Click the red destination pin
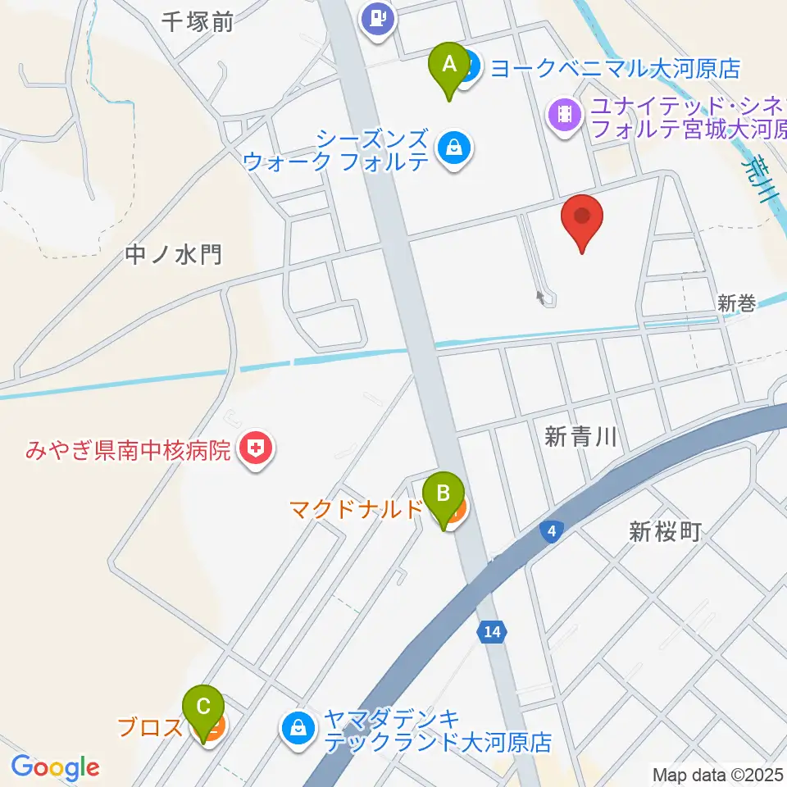(x=582, y=219)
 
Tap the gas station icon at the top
(x=378, y=17)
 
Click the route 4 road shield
(x=553, y=533)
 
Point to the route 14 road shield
(x=491, y=632)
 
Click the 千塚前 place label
(x=198, y=22)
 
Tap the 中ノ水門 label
(x=174, y=255)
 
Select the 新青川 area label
(x=580, y=438)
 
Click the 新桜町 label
(x=665, y=532)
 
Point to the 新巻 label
(x=735, y=303)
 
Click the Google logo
(x=55, y=767)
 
